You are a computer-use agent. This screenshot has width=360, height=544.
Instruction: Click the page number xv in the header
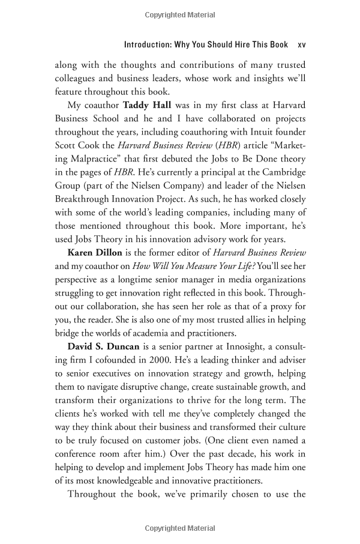click(301, 45)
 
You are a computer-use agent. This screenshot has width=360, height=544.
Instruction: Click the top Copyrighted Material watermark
click(179, 14)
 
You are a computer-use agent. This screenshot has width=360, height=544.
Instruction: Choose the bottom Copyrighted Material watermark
click(179, 528)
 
